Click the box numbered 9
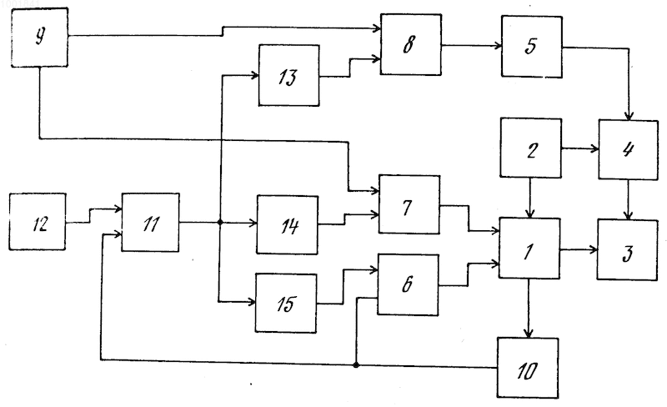coord(39,38)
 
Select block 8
coord(411,45)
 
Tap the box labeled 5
coord(532,47)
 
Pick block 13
coord(289,75)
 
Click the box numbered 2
coord(530,148)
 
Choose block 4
coord(629,150)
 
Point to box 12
coord(38,221)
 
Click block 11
coord(151,222)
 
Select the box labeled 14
coord(288,225)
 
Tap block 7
coord(409,204)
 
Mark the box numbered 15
coord(286,303)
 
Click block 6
coord(408,284)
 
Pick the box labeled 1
coord(529,249)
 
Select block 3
coord(628,250)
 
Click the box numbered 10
coord(528,369)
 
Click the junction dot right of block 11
coord(220,222)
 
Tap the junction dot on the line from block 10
coord(356,364)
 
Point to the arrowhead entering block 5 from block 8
coord(498,46)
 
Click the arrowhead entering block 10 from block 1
coord(529,334)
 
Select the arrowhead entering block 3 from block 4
coord(629,215)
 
